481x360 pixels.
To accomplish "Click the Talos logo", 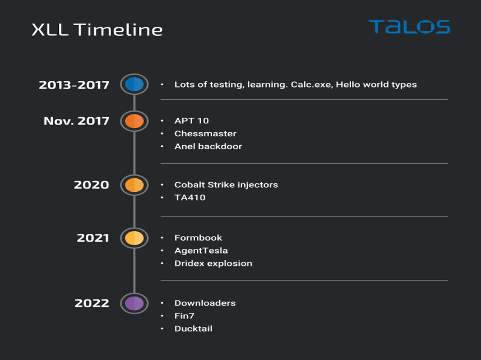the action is pyautogui.click(x=409, y=27).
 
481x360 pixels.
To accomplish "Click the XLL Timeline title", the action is pyautogui.click(x=97, y=30).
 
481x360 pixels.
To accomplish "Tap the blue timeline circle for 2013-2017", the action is pyautogui.click(x=135, y=85).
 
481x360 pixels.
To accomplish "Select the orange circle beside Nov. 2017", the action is pyautogui.click(x=135, y=121).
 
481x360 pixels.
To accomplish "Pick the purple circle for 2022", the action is pyautogui.click(x=135, y=303).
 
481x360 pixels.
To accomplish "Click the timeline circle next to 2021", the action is pyautogui.click(x=135, y=238).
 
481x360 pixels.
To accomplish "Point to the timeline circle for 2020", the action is pyautogui.click(x=135, y=185).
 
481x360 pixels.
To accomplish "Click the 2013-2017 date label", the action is pyautogui.click(x=74, y=85).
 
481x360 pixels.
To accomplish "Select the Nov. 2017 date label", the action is pyautogui.click(x=76, y=121).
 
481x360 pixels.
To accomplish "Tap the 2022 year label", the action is pyautogui.click(x=92, y=303).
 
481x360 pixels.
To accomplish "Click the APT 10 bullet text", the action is pyautogui.click(x=191, y=121).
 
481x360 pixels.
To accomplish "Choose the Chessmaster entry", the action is pyautogui.click(x=205, y=133).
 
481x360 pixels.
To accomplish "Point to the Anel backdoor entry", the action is pyautogui.click(x=208, y=146).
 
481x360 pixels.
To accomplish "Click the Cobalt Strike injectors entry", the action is pyautogui.click(x=226, y=184).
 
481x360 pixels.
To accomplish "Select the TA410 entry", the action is pyautogui.click(x=190, y=197).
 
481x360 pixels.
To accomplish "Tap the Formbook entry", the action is pyautogui.click(x=198, y=238).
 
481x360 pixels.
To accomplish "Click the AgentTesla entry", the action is pyautogui.click(x=201, y=251).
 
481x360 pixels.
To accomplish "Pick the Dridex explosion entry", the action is pyautogui.click(x=213, y=264).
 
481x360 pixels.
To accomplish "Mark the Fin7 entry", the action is pyautogui.click(x=184, y=316).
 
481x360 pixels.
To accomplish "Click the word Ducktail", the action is pyautogui.click(x=193, y=329).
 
